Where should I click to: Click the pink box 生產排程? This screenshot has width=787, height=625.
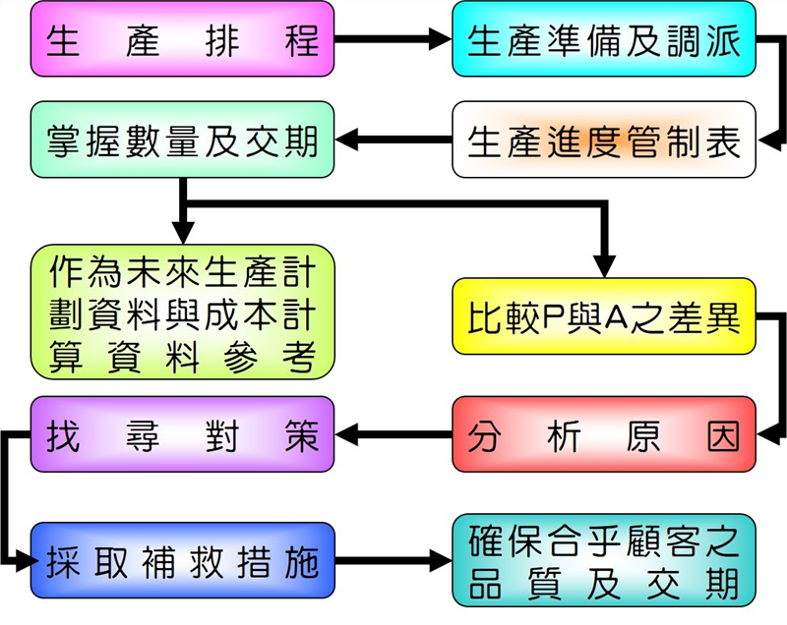point(183,41)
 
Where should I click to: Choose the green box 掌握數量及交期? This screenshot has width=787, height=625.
point(183,140)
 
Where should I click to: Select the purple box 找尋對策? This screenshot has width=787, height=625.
point(183,434)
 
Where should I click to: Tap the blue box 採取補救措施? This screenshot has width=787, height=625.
point(183,561)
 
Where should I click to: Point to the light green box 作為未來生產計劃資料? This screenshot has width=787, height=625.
point(183,312)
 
